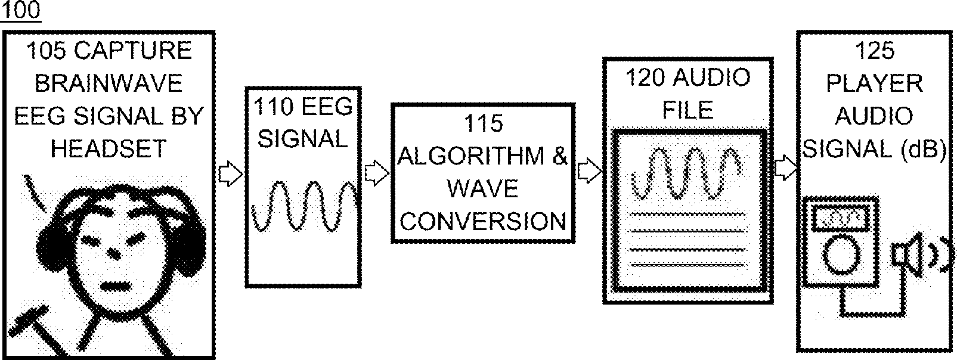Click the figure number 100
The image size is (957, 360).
pyautogui.click(x=20, y=11)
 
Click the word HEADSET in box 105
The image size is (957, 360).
pyautogui.click(x=109, y=148)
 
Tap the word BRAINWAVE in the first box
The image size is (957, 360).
pyautogui.click(x=109, y=83)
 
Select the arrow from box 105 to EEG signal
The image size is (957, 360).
pyautogui.click(x=230, y=174)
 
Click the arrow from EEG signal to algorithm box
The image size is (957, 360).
pyautogui.click(x=376, y=173)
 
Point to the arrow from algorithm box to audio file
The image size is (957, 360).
pyautogui.click(x=589, y=172)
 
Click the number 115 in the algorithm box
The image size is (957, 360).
pyautogui.click(x=483, y=123)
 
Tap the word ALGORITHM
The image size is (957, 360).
pyautogui.click(x=472, y=156)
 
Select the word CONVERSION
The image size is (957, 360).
pyautogui.click(x=483, y=221)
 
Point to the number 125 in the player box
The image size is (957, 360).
pyautogui.click(x=874, y=51)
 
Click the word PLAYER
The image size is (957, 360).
pyautogui.click(x=874, y=83)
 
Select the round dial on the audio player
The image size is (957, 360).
pyautogui.click(x=841, y=253)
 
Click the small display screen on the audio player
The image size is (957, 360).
pyautogui.click(x=840, y=218)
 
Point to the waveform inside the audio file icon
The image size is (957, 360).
pyautogui.click(x=688, y=173)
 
